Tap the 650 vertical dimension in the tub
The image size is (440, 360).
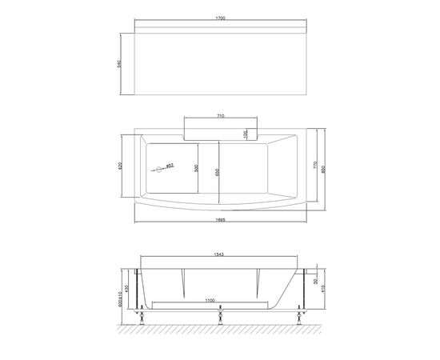[x=216, y=170]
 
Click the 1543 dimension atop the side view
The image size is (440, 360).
[x=219, y=255]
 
